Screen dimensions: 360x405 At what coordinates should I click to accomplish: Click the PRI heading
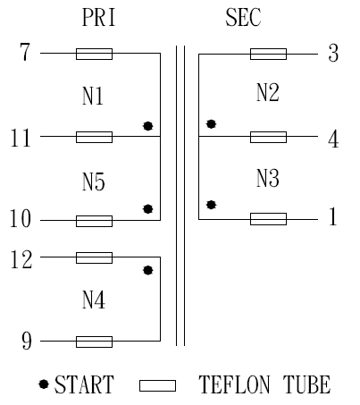point(98,17)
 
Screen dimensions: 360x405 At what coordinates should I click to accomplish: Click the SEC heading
point(243,17)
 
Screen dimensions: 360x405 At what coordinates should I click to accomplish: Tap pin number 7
point(25,52)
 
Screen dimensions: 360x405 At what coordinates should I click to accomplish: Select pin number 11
point(21,138)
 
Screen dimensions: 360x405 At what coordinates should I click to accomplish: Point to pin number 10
point(21,218)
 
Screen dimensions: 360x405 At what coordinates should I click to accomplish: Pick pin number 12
point(21,259)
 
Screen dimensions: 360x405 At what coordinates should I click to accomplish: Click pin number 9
point(27,341)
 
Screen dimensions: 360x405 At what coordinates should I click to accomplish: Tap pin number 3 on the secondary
point(333,53)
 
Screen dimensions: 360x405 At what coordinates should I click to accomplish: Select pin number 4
point(333,139)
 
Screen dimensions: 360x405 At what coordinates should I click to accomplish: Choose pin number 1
point(333,216)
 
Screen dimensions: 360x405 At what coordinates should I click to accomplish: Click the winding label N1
point(93,97)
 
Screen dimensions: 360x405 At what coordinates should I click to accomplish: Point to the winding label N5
point(94,181)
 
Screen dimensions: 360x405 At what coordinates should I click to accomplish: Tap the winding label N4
point(94,300)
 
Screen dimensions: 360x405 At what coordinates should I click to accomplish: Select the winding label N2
point(268,92)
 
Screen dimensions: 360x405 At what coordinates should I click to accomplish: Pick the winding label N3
point(268,178)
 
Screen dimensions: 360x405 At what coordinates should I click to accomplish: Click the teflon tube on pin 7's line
point(94,54)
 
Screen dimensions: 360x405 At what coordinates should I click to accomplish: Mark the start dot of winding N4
point(148,270)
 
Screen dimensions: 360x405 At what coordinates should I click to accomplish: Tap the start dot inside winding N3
point(211,205)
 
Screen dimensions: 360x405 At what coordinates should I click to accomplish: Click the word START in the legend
point(84,384)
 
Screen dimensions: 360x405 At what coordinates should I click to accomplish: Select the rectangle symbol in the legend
point(157,385)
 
